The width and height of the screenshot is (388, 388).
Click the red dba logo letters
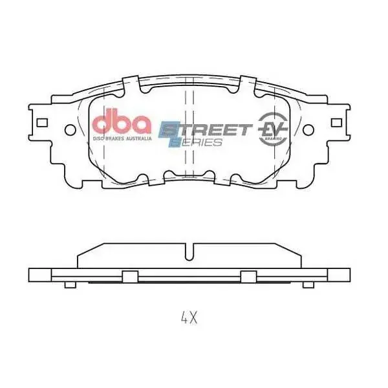point(122,123)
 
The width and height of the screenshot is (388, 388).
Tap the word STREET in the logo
point(207,129)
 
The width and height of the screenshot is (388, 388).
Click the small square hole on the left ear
point(43,122)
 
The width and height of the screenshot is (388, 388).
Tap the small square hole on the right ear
point(336,122)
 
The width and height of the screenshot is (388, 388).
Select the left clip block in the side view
point(130,276)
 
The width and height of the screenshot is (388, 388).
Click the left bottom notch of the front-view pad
point(171,175)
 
